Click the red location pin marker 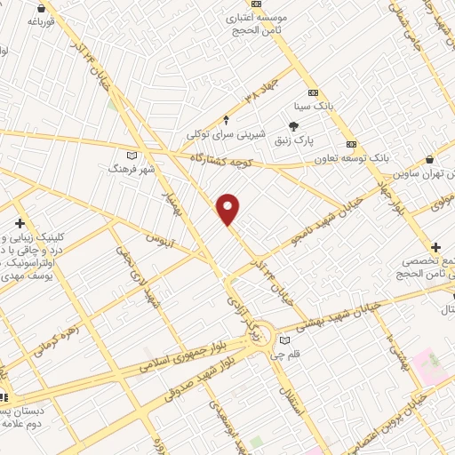point(228,210)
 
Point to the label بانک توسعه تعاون point(352,158)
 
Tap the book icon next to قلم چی point(284,339)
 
